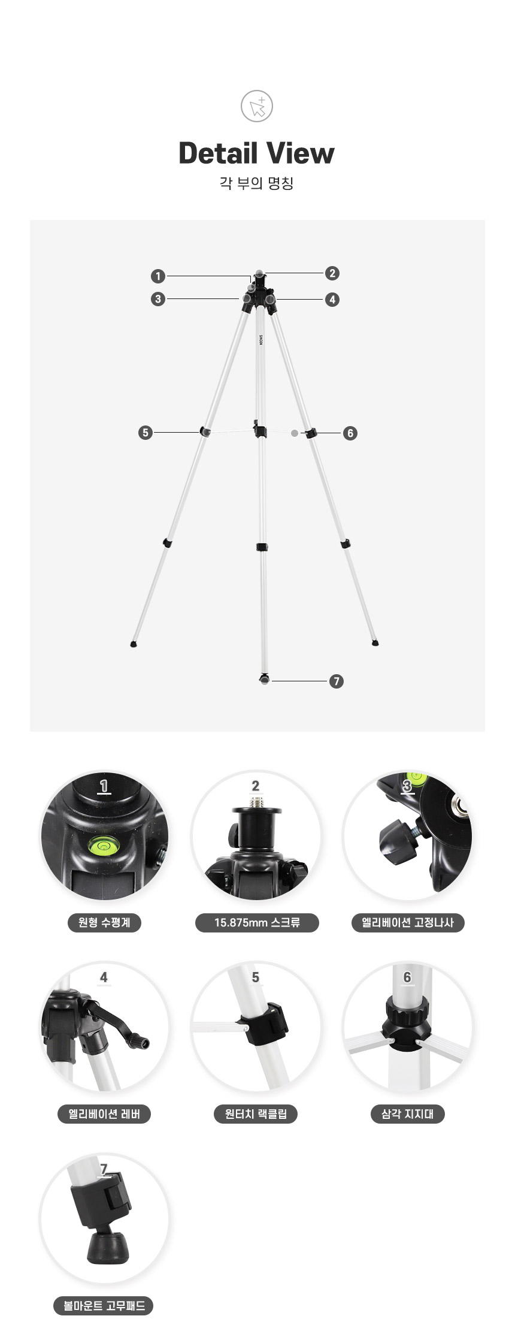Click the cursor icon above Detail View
point(257,107)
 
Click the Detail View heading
point(257,153)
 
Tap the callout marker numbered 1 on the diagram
point(157,276)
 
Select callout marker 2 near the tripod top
point(332,273)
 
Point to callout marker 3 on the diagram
point(157,298)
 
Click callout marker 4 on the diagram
point(332,299)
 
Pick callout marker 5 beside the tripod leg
point(145,432)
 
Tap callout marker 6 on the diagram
point(350,433)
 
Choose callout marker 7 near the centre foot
point(337,681)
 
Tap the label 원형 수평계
point(104,922)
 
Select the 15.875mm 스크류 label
point(257,922)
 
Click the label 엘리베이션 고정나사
point(408,922)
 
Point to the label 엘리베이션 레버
point(104,1114)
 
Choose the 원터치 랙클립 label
point(256,1114)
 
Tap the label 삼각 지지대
point(408,1114)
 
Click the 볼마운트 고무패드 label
point(104,1306)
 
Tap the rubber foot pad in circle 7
point(108,1247)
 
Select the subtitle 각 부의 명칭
point(256,183)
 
